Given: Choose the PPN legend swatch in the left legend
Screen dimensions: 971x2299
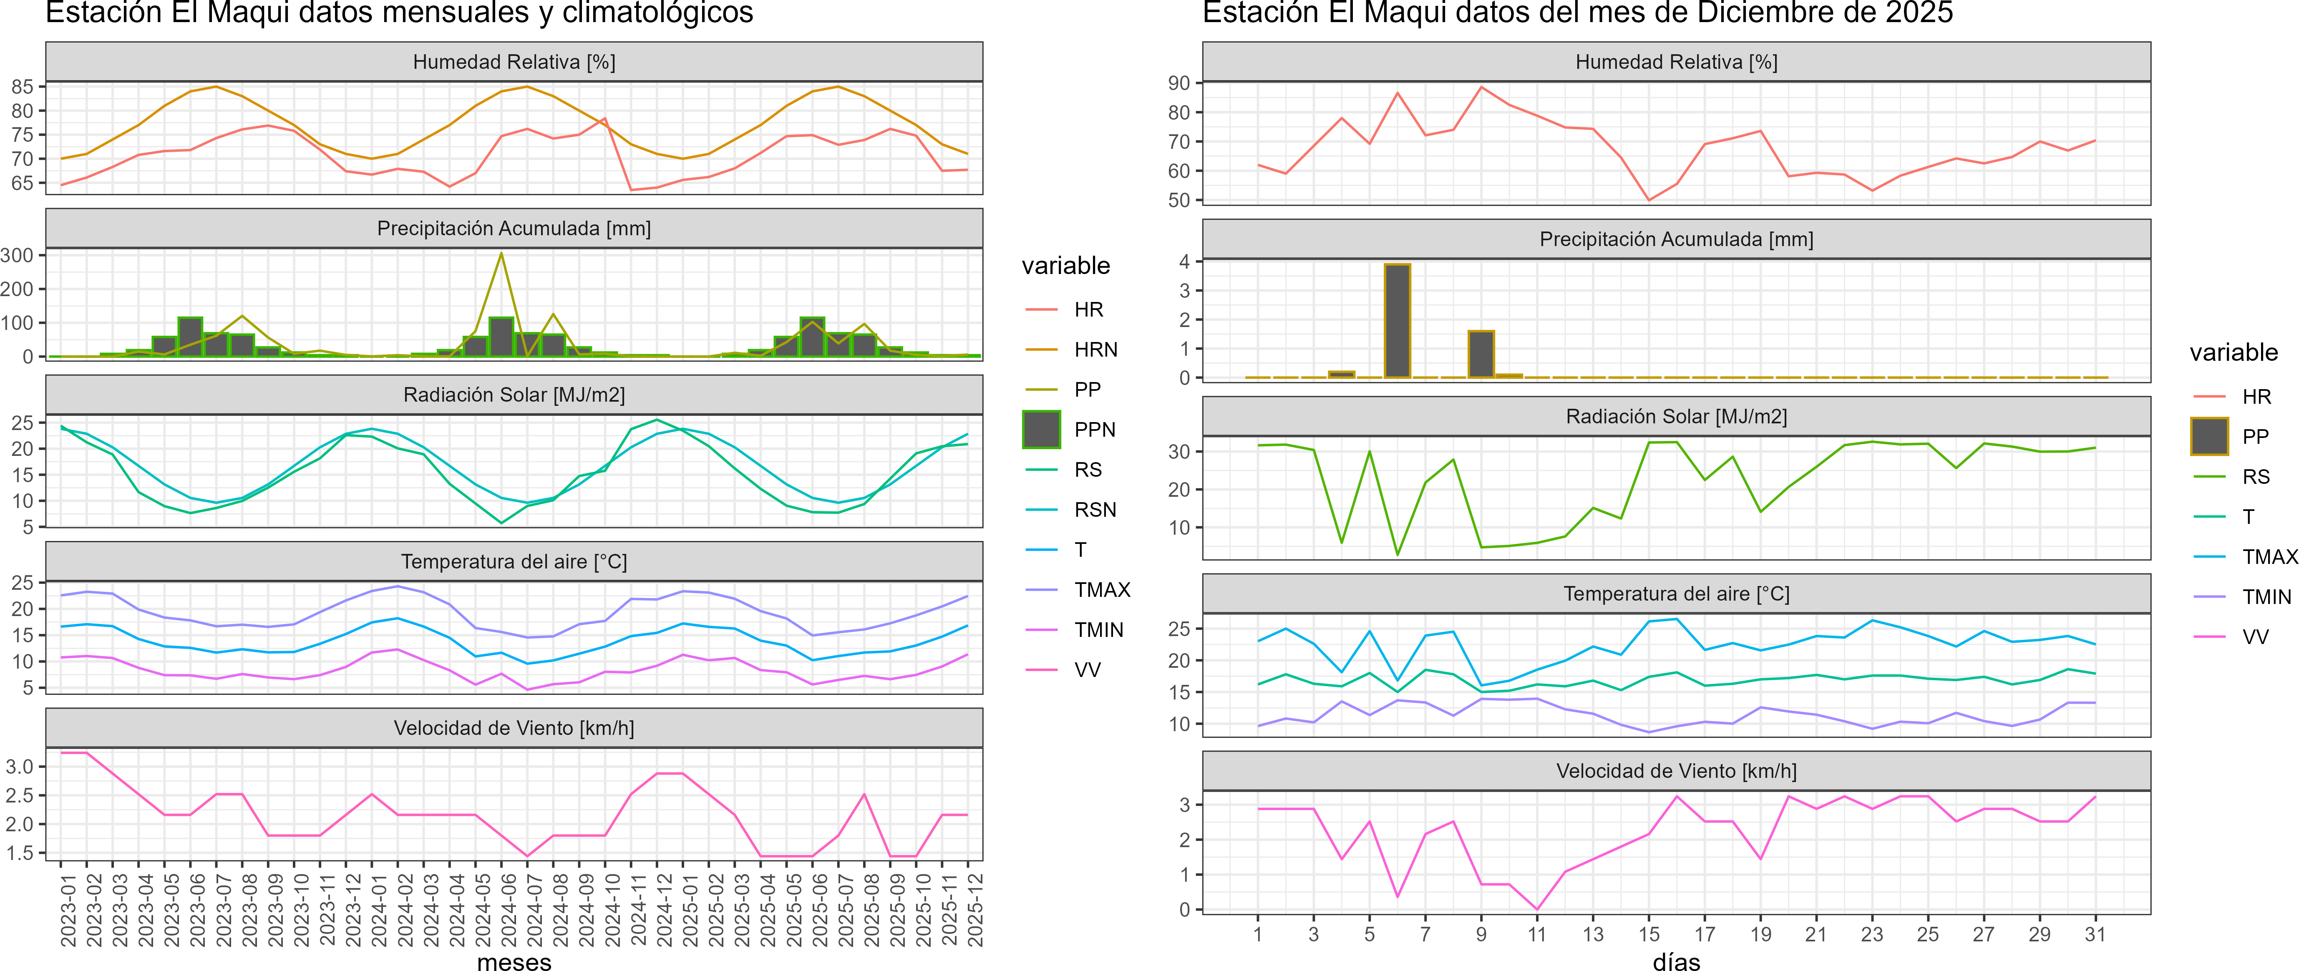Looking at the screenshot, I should [1042, 429].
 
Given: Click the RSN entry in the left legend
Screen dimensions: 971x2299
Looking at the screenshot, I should [1095, 510].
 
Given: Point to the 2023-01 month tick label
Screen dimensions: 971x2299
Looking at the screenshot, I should [68, 910].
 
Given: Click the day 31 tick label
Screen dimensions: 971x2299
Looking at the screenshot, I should [2095, 934].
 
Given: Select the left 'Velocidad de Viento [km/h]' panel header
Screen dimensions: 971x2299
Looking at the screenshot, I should [514, 728].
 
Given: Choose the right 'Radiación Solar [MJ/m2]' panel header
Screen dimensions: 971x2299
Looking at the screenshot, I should [1676, 417].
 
